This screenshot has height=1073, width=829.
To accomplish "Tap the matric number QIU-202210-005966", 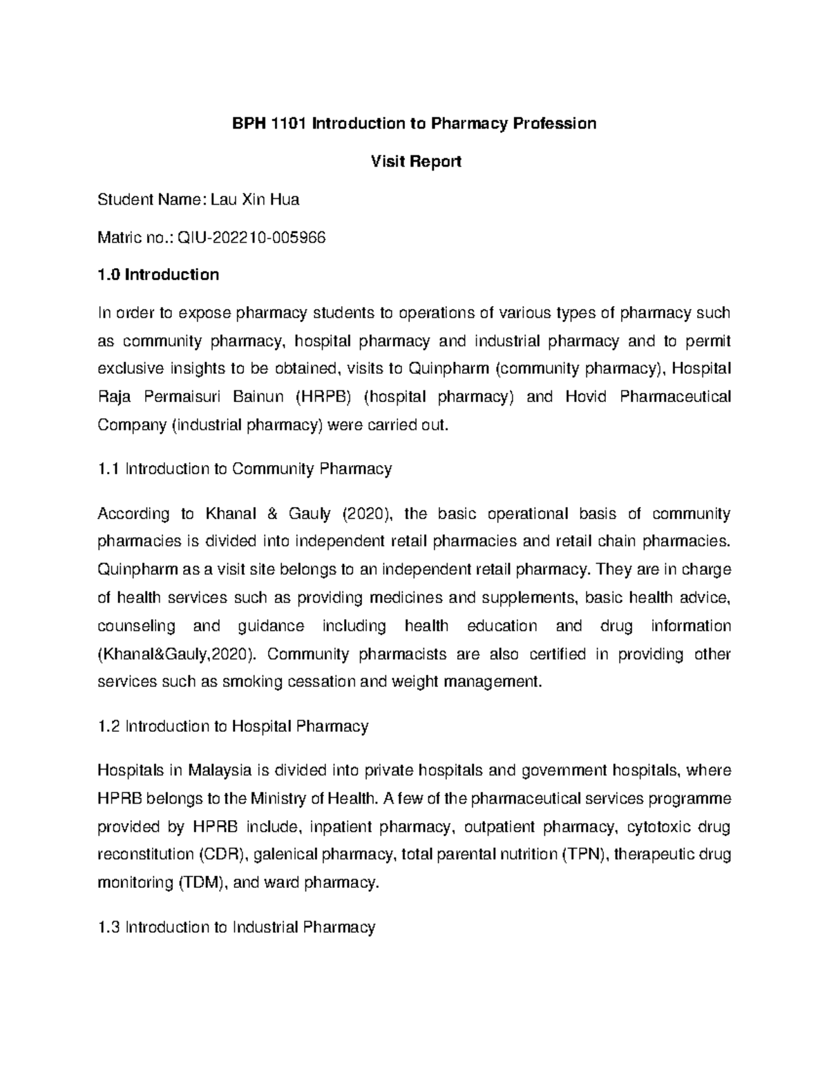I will tap(251, 238).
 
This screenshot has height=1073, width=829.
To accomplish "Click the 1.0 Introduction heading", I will tap(158, 275).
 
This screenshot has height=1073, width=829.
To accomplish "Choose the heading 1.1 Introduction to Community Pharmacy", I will tap(245, 469).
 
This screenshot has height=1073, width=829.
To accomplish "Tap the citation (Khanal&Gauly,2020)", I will tap(175, 654).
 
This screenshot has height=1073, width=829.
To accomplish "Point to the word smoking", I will tap(248, 682).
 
